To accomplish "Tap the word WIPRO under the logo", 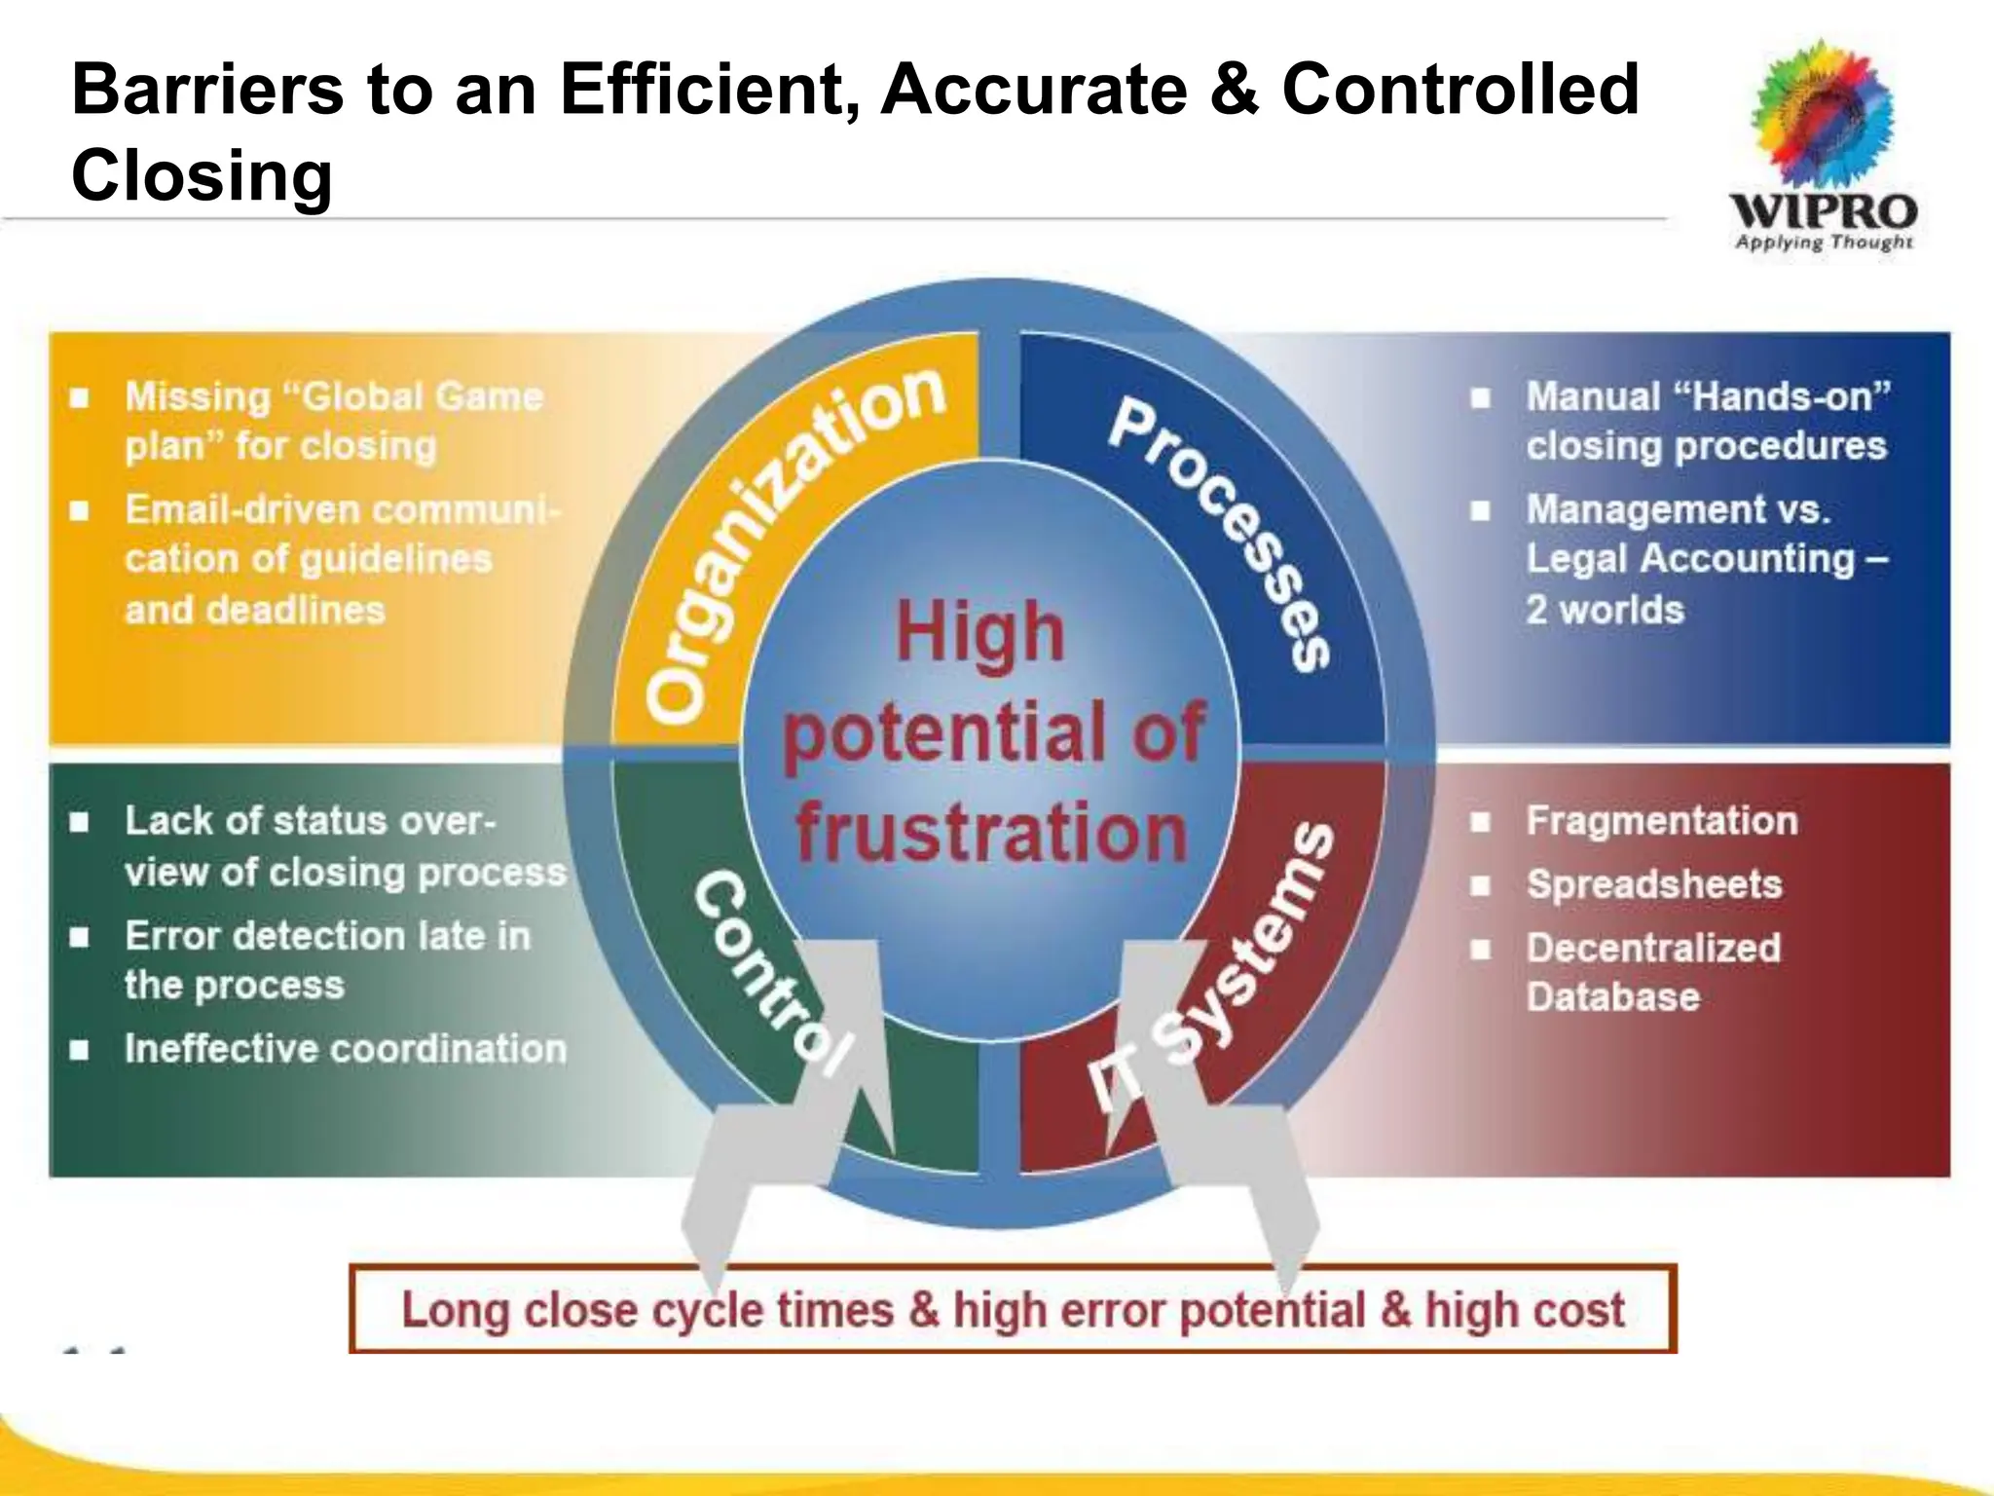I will coord(1823,210).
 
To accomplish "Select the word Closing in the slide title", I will coord(203,175).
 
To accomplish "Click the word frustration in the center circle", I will coord(991,833).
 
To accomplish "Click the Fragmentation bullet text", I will coord(1661,820).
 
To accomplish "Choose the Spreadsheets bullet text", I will coord(1653,884).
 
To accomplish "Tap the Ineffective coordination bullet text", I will coord(346,1048).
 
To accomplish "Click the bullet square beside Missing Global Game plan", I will coord(80,397).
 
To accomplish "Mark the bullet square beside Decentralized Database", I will coord(1480,949).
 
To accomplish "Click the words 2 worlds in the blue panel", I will coord(1605,610).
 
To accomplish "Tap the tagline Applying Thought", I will coord(1824,243).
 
